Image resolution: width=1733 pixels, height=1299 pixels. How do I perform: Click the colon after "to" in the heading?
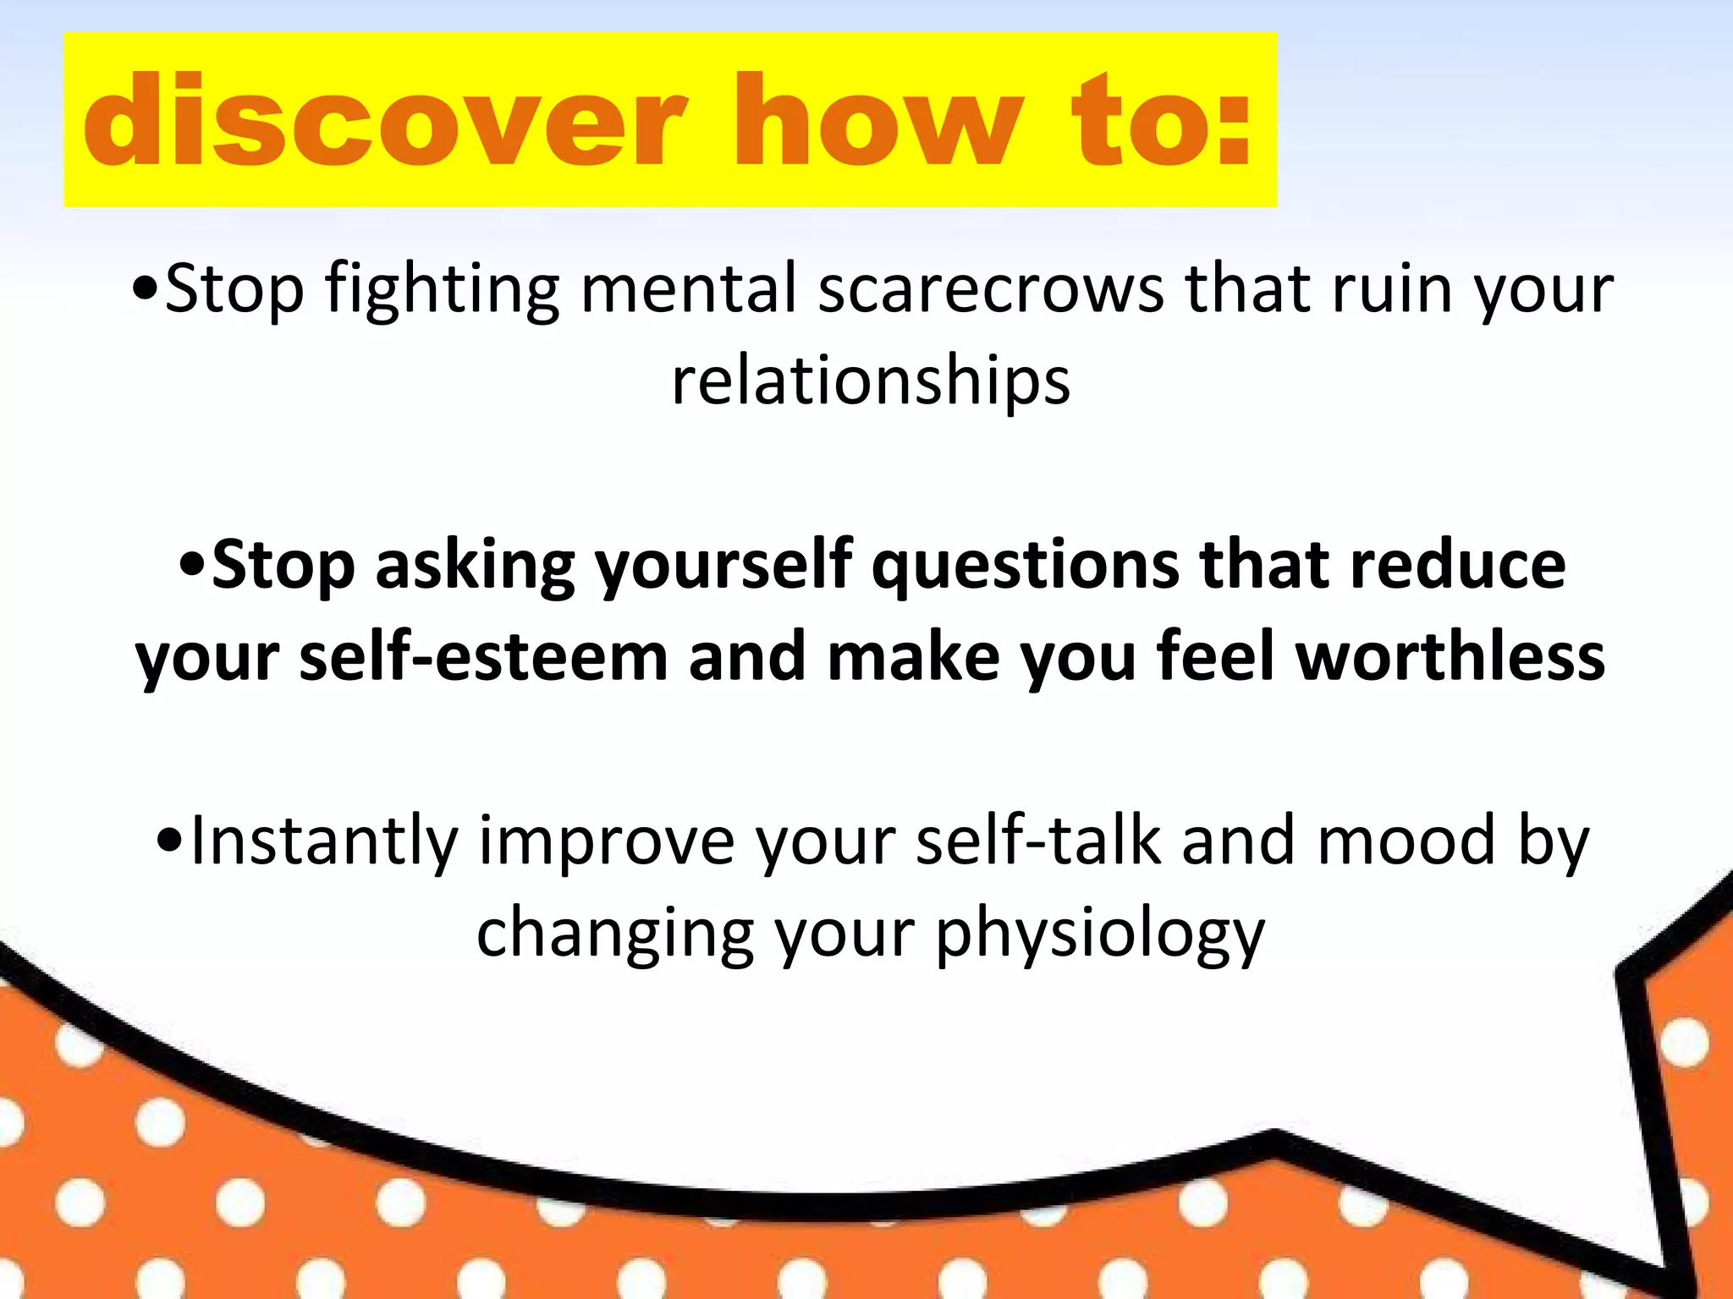1231,127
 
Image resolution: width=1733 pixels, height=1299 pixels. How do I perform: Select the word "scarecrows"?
991,290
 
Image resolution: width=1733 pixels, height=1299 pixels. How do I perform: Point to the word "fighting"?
443,290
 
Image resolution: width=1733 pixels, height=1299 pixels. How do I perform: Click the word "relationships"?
871,382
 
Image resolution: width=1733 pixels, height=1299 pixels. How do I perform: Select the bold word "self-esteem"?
484,658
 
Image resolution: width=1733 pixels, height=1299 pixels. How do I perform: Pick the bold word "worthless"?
1450,658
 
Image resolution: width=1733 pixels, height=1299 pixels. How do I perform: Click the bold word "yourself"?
723,566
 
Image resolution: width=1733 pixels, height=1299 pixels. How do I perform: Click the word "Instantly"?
324,841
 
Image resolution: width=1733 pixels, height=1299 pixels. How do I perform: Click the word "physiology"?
1099,934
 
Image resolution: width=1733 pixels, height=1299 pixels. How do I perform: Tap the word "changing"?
614,934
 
